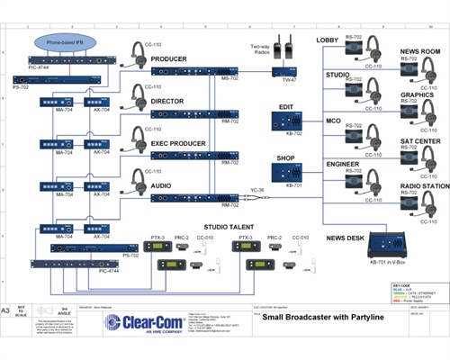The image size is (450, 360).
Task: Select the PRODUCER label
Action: pyautogui.click(x=169, y=59)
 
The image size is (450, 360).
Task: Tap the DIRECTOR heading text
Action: pyautogui.click(x=168, y=102)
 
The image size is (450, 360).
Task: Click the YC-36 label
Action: pyautogui.click(x=256, y=190)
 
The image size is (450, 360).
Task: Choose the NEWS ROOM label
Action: pyautogui.click(x=419, y=52)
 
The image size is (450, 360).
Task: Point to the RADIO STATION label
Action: pyautogui.click(x=418, y=185)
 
